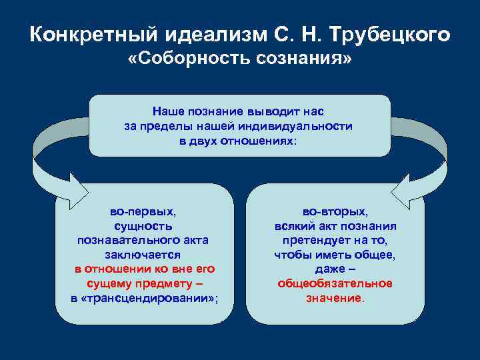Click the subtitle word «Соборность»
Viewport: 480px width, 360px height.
coord(196,61)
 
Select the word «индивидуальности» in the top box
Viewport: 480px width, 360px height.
coord(307,127)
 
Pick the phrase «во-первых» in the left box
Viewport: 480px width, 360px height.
coord(142,211)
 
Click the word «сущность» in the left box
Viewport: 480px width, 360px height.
coord(143,226)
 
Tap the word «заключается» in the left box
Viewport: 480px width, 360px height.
coord(143,255)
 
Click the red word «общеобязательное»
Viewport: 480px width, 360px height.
coord(335,283)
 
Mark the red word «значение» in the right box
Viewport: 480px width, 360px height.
coord(333,298)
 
